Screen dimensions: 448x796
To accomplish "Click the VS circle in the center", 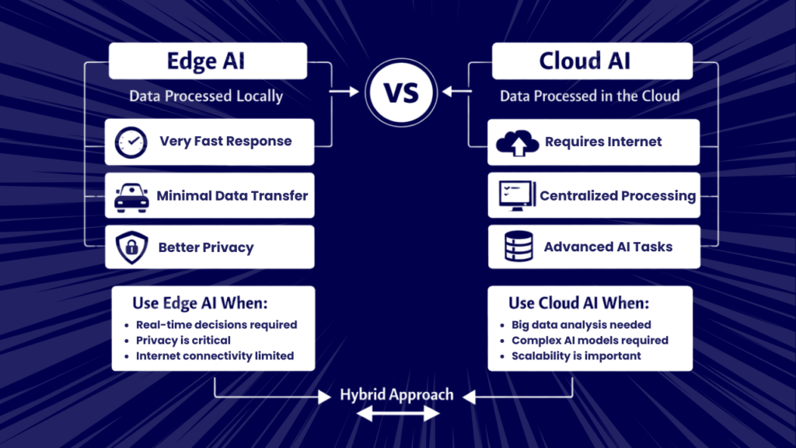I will point(401,92).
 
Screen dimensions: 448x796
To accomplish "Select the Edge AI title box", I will point(208,61).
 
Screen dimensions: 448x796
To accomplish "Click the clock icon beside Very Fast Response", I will point(131,142).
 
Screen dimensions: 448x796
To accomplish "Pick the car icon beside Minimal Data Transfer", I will point(131,196).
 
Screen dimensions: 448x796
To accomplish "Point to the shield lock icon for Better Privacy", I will point(131,248).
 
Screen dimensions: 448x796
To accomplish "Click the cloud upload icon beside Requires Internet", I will point(517,142).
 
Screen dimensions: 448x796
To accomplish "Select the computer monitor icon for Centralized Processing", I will point(516,196).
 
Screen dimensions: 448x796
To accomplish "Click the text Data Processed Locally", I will point(206,97).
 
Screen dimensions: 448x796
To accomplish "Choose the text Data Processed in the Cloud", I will point(589,97).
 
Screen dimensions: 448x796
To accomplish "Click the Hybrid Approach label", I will point(396,395).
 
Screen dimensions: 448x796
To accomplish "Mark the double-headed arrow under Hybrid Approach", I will point(396,416).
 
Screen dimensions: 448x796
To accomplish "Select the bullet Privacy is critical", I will point(183,341).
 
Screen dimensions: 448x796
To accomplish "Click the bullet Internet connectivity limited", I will point(215,356).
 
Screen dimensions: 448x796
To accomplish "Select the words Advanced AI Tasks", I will point(608,247).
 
